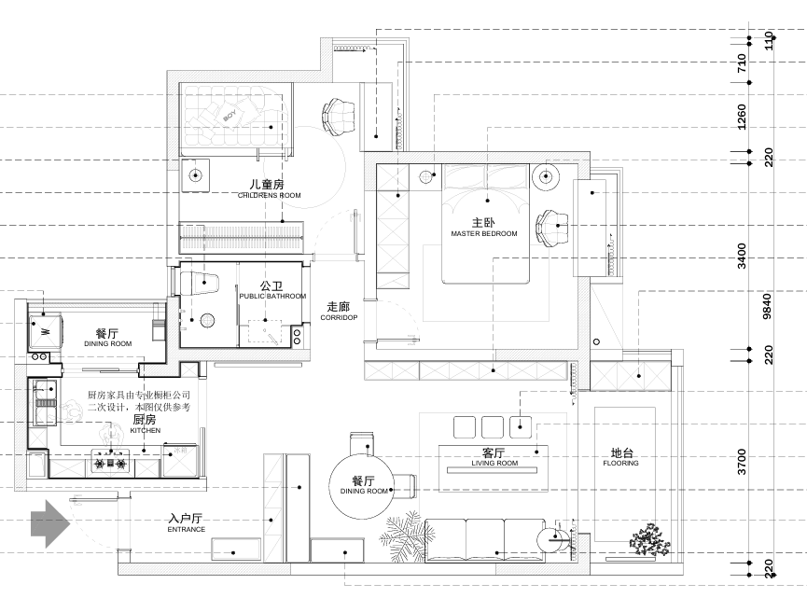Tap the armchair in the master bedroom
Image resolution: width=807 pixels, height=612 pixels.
click(551, 226)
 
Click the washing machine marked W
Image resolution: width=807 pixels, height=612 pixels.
click(45, 329)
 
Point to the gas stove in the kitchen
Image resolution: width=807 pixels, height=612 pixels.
click(110, 458)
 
